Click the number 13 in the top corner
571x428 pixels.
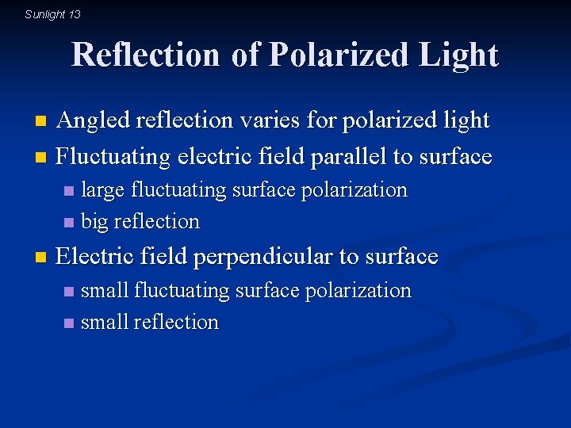click(75, 14)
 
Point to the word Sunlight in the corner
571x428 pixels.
click(45, 14)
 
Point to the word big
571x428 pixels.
click(95, 222)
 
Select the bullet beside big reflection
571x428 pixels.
click(69, 222)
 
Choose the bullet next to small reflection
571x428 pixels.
click(69, 323)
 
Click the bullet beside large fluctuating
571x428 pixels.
click(69, 191)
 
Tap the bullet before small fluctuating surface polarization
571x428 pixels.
click(69, 292)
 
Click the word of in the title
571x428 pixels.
click(244, 55)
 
